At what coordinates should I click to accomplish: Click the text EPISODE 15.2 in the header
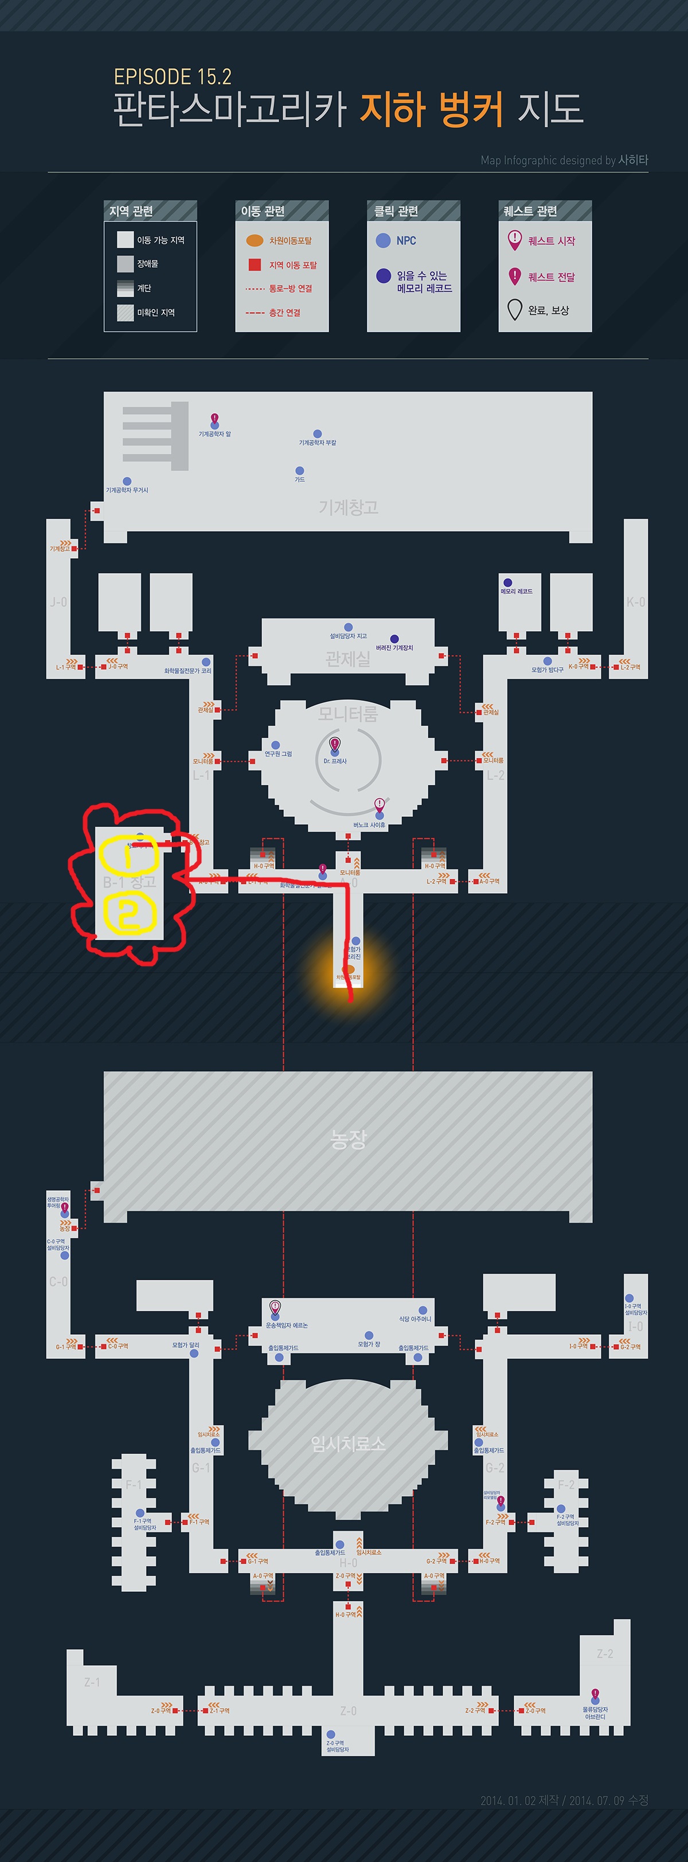click(173, 77)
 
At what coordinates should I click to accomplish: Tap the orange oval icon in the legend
click(255, 240)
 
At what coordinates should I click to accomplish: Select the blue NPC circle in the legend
click(383, 241)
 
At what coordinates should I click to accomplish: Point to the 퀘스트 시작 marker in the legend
click(514, 239)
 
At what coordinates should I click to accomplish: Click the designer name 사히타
click(633, 159)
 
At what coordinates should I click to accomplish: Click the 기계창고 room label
click(349, 508)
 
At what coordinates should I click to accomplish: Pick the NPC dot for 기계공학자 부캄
click(317, 434)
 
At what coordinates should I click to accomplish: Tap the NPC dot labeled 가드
click(299, 470)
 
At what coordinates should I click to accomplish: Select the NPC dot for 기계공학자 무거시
click(127, 481)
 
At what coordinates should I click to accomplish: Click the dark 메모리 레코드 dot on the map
click(508, 583)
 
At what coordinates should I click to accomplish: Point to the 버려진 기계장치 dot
click(394, 639)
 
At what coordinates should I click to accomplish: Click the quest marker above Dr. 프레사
click(335, 745)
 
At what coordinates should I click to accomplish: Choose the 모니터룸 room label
click(347, 714)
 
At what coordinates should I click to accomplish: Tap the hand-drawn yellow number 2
click(128, 914)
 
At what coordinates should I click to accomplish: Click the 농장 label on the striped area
click(349, 1140)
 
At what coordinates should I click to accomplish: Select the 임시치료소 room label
click(349, 1443)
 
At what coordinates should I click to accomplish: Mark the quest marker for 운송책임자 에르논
click(275, 1307)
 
